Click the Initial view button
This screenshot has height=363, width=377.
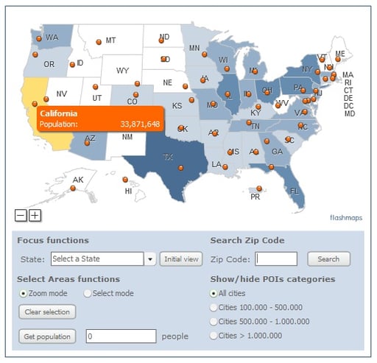point(181,259)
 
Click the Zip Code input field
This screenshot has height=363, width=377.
point(276,259)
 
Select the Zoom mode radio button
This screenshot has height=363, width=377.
point(24,293)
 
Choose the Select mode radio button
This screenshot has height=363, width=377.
point(88,293)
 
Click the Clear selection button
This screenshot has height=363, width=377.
point(46,311)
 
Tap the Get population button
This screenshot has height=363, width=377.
point(46,336)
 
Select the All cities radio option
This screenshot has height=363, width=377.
point(214,293)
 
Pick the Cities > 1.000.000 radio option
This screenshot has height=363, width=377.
point(214,335)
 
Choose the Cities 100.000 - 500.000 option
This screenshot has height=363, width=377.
point(214,307)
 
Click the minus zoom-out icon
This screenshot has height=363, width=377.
point(21,216)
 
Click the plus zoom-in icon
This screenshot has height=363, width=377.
point(35,216)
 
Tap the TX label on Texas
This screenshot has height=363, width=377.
point(168,157)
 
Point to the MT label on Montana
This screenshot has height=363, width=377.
point(110,40)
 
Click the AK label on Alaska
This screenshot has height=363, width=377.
point(78,180)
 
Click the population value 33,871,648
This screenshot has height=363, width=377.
point(140,124)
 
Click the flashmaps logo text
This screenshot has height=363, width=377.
point(346,217)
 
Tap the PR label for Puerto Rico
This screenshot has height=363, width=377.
point(256,197)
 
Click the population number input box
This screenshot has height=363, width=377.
point(121,336)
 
